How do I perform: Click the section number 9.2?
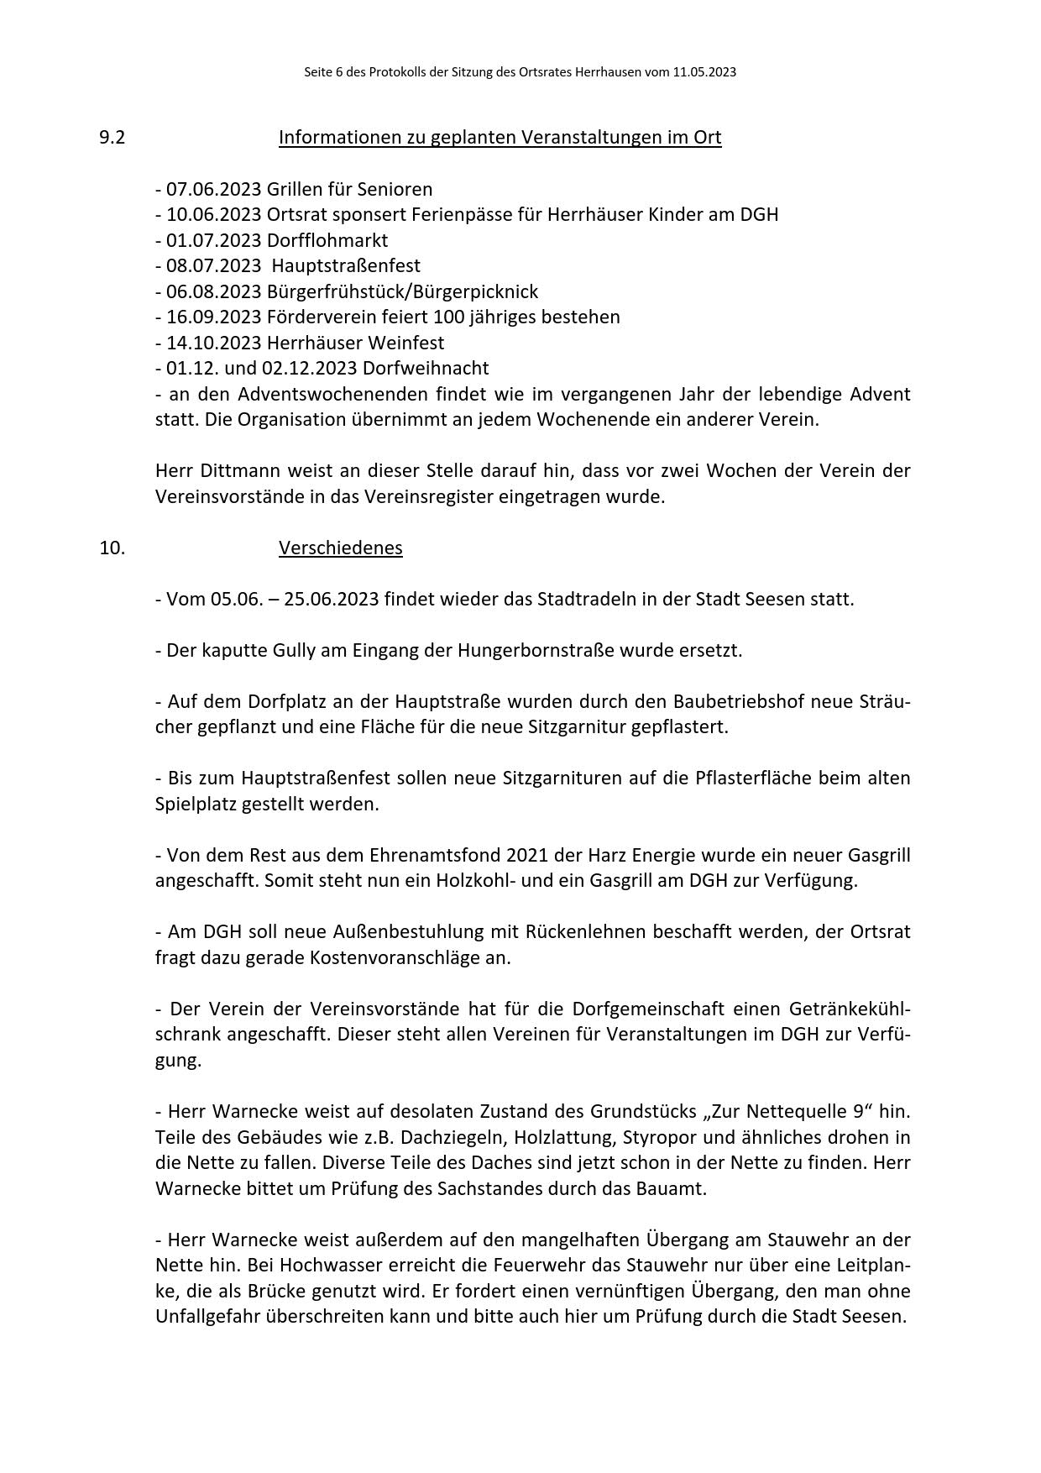[112, 138]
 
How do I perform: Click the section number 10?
[112, 548]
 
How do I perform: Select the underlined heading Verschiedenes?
[340, 548]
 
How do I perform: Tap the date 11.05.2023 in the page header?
[704, 72]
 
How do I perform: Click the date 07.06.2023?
[213, 189]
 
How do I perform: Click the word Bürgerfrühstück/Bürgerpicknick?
[402, 291]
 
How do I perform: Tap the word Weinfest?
[411, 343]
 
